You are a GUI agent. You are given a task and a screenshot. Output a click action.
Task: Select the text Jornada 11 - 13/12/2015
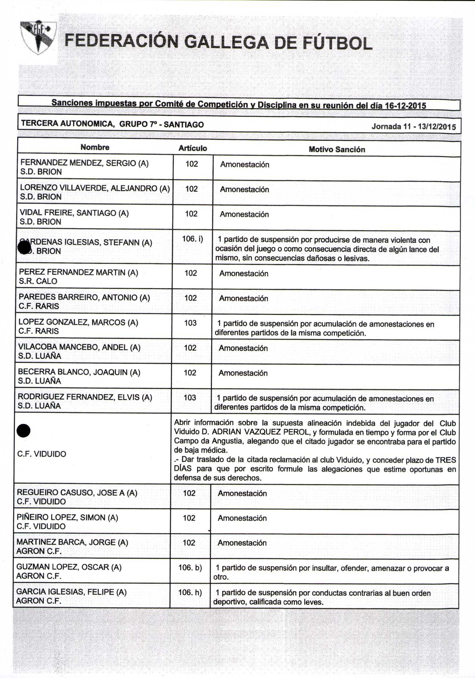tap(413, 127)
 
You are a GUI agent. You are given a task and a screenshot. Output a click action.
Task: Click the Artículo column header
tap(193, 148)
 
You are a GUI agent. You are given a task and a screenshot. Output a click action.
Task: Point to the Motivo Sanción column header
tap(337, 150)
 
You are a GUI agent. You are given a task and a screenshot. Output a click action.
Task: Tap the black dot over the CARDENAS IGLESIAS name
tap(24, 247)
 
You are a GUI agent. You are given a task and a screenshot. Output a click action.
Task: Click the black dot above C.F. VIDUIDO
tap(23, 431)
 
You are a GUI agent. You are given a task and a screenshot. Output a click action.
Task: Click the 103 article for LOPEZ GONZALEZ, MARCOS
tap(190, 323)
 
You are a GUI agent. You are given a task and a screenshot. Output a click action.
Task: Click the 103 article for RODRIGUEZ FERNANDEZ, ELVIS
tap(190, 398)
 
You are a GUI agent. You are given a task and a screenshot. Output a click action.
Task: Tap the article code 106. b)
tap(190, 568)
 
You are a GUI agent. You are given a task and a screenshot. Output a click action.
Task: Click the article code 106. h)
tap(190, 592)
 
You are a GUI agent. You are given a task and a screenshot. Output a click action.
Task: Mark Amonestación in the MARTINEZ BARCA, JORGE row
tap(242, 543)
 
